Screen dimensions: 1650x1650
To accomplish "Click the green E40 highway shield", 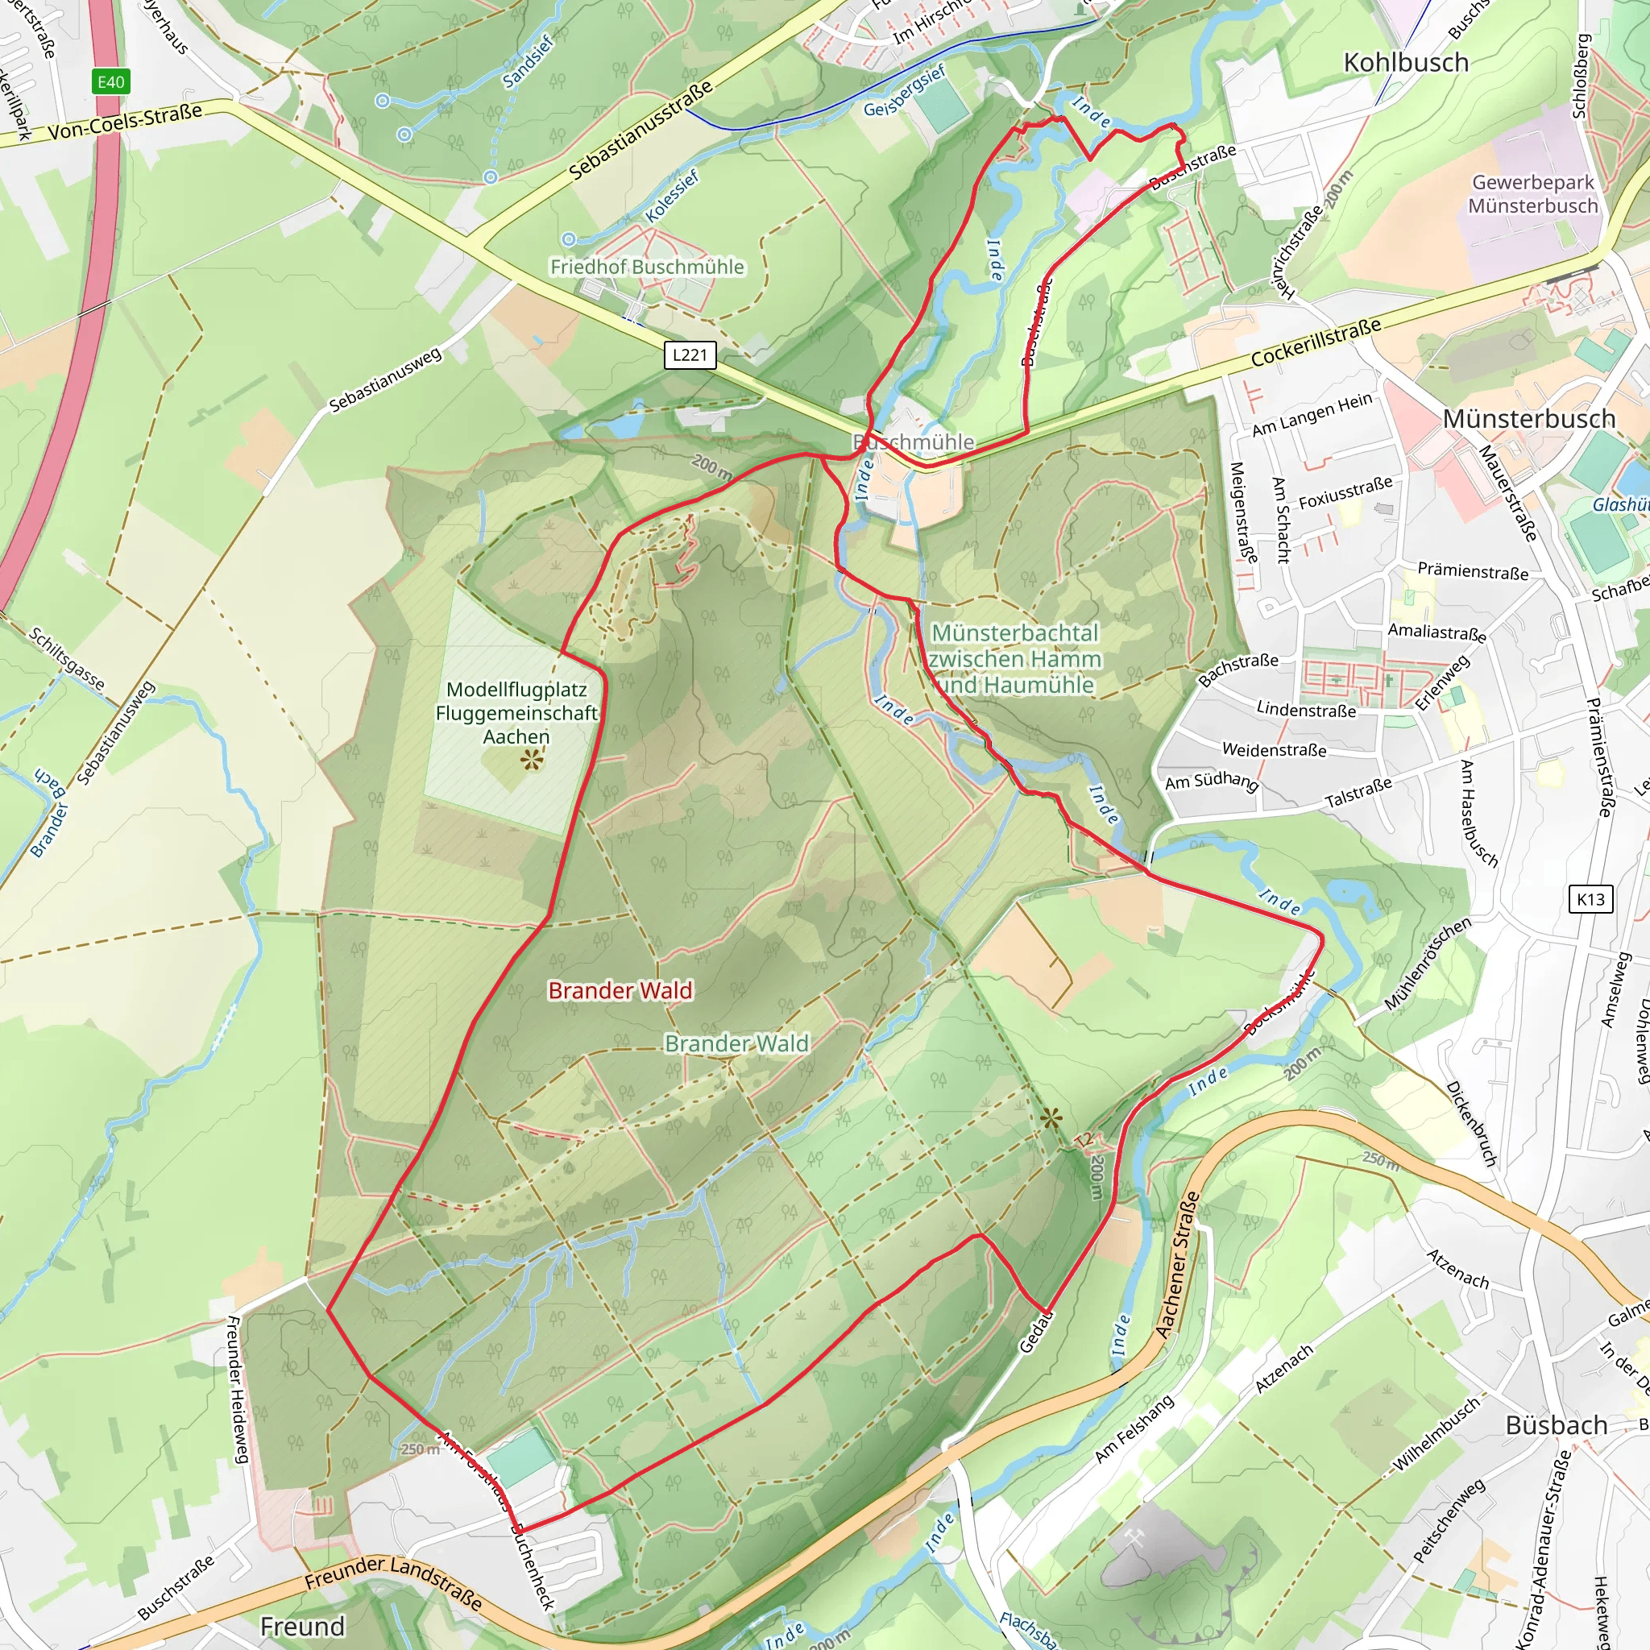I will pos(111,82).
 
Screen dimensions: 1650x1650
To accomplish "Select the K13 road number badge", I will pos(1590,898).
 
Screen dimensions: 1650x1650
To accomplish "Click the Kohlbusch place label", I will pos(1406,62).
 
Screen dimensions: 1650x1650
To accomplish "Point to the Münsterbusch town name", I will pos(1528,418).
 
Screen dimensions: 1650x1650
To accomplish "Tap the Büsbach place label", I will pos(1556,1424).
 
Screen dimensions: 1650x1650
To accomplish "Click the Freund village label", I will pos(302,1626).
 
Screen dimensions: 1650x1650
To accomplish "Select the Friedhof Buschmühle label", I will pos(646,267).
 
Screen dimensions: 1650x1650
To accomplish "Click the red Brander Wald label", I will pos(620,990).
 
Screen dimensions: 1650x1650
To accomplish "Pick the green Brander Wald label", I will pos(736,1043).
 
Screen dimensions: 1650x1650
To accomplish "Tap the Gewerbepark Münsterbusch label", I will pos(1532,194).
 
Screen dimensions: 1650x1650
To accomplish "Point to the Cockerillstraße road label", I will pos(1315,342).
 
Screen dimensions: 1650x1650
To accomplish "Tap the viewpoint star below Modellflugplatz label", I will pos(531,759).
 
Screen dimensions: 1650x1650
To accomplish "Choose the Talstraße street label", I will pos(1358,794).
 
